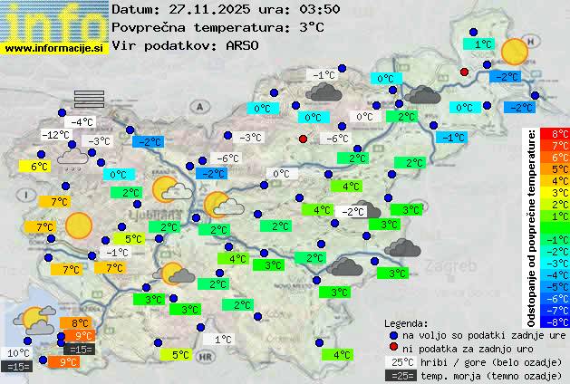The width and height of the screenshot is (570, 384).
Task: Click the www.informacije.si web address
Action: point(53,48)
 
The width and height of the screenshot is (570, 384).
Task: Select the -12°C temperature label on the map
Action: point(55,135)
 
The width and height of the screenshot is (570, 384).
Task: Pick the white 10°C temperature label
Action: point(18,353)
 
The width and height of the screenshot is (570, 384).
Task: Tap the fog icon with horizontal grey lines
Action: point(90,99)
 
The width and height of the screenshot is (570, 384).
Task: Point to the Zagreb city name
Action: point(454,268)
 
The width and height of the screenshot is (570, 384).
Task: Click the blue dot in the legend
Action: point(392,335)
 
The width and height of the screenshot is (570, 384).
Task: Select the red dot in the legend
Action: point(392,348)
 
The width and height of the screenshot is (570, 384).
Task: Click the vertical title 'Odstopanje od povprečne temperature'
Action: point(532,226)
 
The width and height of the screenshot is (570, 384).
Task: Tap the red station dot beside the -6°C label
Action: point(304,139)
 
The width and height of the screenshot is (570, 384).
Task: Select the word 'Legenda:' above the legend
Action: point(406,322)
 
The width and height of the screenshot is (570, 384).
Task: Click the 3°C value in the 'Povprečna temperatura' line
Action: point(311,27)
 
